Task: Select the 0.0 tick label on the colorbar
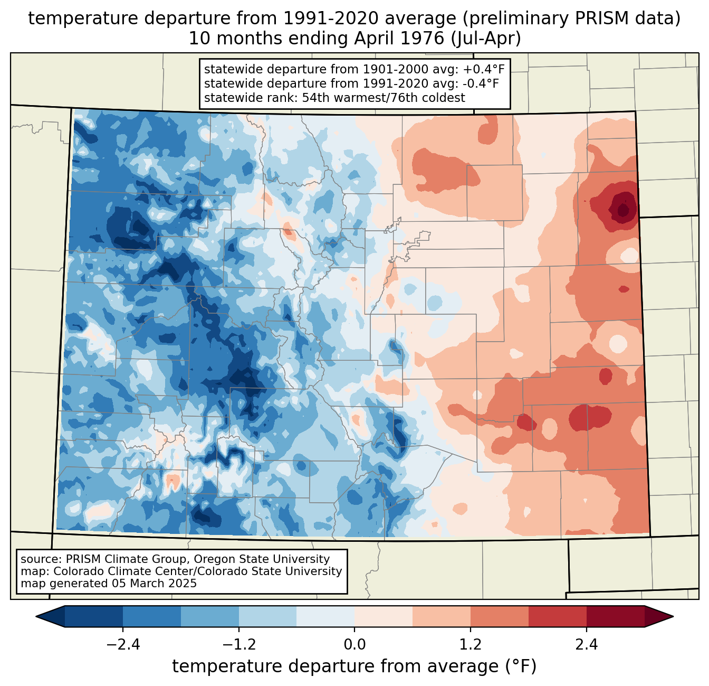click(354, 645)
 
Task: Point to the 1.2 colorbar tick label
click(471, 645)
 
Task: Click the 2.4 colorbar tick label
click(587, 645)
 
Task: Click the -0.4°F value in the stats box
click(478, 83)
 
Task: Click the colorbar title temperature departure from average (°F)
click(354, 666)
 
